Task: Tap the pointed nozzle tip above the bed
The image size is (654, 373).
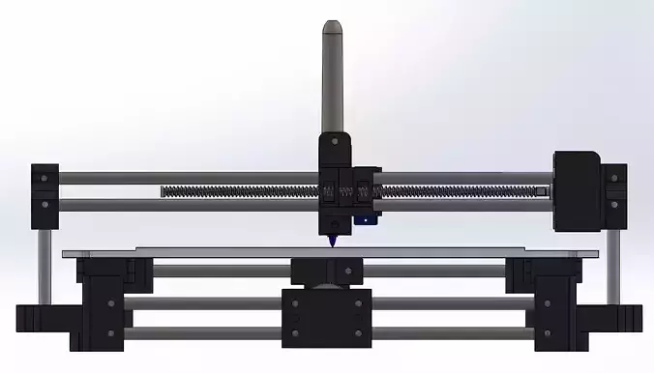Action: [x=333, y=244]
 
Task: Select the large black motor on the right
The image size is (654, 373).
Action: [x=578, y=190]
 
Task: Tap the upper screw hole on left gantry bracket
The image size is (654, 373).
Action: [x=44, y=179]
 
